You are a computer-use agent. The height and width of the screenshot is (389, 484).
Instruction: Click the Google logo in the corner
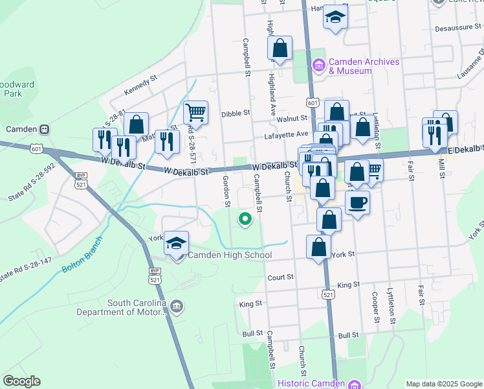[21, 381]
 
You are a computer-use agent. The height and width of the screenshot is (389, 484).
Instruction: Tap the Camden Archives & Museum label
[358, 65]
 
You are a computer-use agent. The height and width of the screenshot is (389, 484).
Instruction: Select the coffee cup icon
[357, 203]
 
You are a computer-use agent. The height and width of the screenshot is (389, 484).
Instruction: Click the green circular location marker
[245, 220]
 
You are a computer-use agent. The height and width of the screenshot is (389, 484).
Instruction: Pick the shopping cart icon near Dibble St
[195, 112]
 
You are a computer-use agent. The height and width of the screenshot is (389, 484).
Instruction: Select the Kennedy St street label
[141, 86]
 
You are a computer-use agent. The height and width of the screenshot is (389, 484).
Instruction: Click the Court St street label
[281, 277]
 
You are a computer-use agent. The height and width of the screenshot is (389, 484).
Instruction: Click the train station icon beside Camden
[45, 129]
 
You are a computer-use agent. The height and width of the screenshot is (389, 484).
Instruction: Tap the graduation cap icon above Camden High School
[176, 243]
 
